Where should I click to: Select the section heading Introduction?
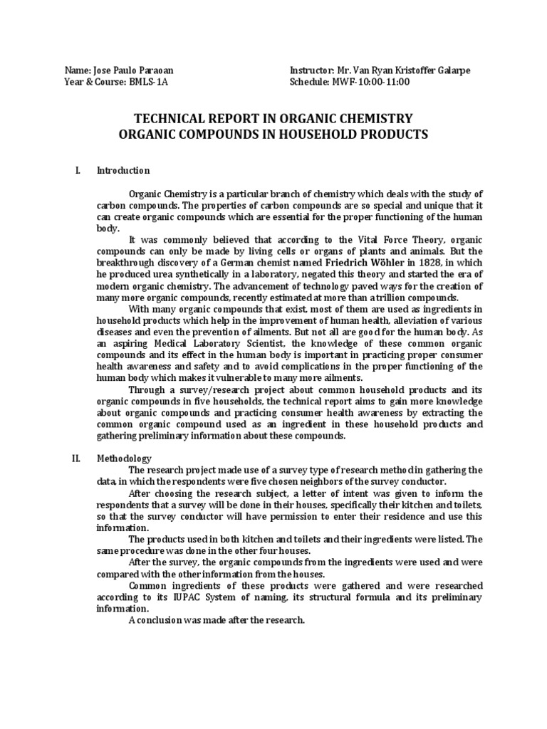[x=123, y=171]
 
